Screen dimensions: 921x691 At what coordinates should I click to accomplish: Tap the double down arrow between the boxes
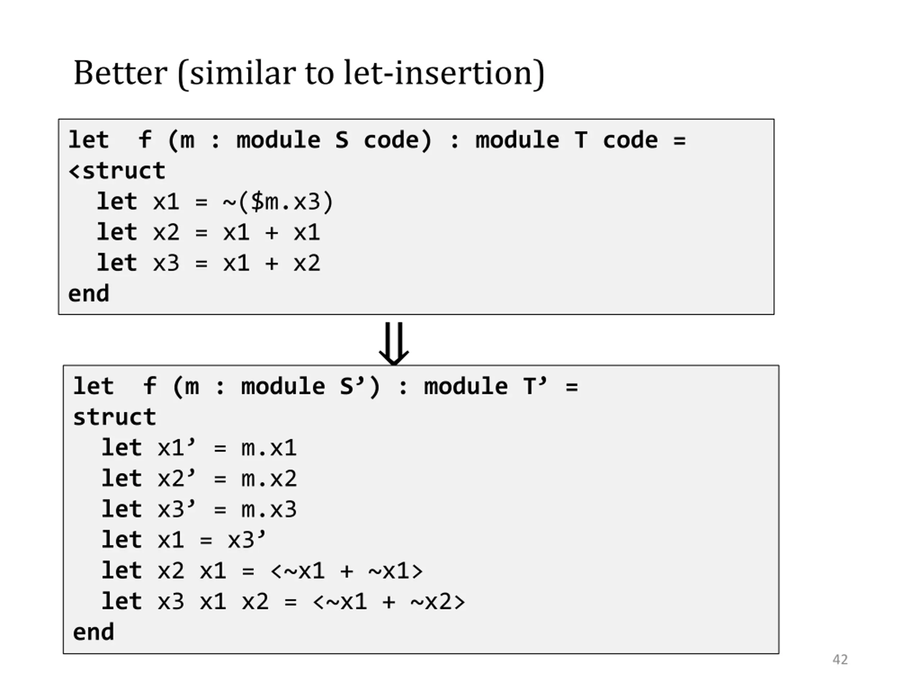pos(394,343)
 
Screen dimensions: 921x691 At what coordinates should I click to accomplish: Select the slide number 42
pos(840,659)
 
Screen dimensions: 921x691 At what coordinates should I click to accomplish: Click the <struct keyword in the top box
pos(117,171)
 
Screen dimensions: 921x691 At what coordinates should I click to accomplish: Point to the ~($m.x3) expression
pos(278,202)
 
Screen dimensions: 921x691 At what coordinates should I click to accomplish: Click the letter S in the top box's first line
pos(341,140)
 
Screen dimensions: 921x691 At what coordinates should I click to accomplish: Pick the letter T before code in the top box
pos(581,140)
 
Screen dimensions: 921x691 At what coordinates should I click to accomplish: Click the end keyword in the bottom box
pos(93,632)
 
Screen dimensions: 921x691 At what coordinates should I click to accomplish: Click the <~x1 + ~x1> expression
pos(346,571)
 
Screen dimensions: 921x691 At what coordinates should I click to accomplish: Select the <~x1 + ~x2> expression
pos(389,602)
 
